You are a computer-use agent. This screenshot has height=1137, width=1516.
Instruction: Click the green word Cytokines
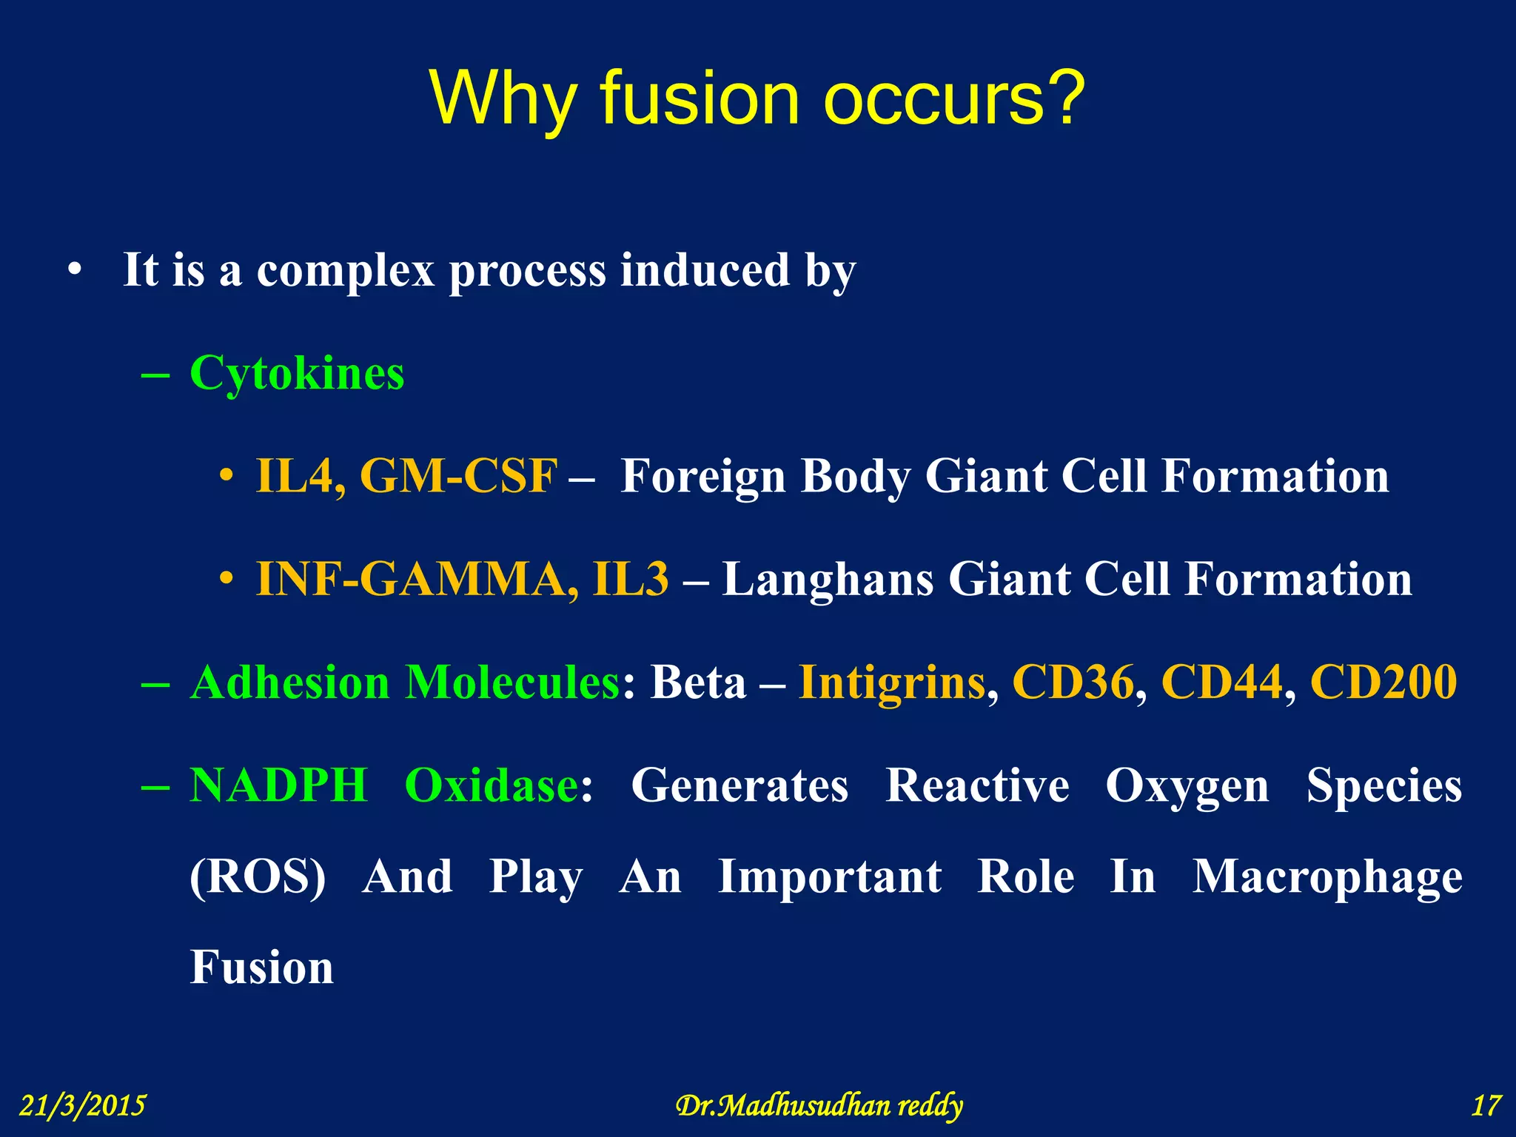(x=297, y=373)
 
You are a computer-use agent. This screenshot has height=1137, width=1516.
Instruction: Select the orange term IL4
(x=300, y=476)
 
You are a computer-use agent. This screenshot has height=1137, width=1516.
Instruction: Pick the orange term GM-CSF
(x=458, y=476)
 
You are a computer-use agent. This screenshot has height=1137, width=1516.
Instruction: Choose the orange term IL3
(x=631, y=579)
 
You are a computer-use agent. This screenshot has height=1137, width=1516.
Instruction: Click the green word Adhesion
(x=289, y=682)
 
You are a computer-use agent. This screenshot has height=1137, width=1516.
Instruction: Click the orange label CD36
(x=1073, y=682)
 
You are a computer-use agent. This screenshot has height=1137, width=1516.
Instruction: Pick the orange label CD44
(x=1221, y=682)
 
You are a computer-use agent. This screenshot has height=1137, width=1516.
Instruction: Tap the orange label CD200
(x=1383, y=682)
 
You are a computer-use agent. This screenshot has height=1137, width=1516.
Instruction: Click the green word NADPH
(x=278, y=785)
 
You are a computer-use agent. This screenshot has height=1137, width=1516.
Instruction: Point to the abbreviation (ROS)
(x=258, y=878)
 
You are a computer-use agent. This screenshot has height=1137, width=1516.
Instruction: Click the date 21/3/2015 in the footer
(x=82, y=1106)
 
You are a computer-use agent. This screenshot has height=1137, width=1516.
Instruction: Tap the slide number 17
(x=1486, y=1106)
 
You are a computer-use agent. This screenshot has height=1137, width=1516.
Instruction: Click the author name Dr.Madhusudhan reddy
(x=819, y=1106)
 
